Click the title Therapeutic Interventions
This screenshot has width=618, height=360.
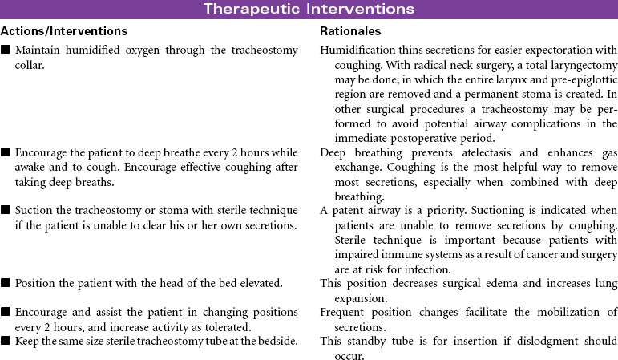point(309,9)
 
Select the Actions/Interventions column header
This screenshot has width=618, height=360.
point(64,31)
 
